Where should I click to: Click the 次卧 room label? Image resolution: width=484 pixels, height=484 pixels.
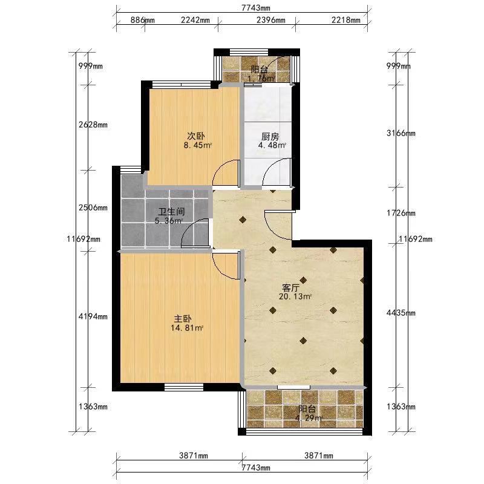tap(196, 136)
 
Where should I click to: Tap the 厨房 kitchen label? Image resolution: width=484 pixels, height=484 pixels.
tap(270, 137)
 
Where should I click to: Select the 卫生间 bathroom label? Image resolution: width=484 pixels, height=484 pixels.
tap(172, 212)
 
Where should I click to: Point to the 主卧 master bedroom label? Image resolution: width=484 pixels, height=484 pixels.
tap(183, 319)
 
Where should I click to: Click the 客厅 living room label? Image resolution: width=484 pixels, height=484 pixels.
tap(291, 288)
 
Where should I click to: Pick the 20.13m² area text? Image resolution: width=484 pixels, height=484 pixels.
tap(295, 296)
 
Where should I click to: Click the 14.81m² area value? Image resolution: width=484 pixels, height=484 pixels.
tap(187, 328)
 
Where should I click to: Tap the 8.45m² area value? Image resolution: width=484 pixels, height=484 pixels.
tap(198, 145)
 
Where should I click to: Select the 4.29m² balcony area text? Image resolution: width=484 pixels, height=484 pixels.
tap(309, 419)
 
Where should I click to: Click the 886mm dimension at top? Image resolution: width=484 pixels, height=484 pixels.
tap(142, 20)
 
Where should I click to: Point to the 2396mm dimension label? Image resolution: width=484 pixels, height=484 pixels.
tap(270, 20)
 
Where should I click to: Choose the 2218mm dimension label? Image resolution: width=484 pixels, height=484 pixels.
tap(345, 20)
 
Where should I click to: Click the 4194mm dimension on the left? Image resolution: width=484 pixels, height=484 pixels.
tap(93, 316)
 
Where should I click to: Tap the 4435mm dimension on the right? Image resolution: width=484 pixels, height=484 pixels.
tap(401, 313)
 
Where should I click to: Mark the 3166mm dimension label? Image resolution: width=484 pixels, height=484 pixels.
tap(401, 133)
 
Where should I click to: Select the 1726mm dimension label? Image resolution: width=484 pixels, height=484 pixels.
tap(401, 213)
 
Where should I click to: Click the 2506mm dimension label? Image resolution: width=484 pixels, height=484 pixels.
tap(93, 208)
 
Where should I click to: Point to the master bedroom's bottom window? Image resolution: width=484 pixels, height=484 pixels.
tap(184, 387)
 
